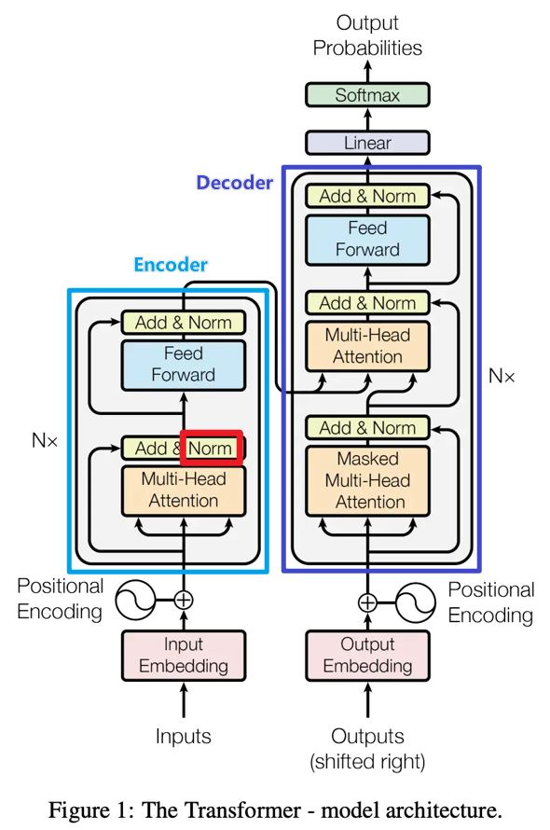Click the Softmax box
click(367, 95)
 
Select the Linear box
click(367, 143)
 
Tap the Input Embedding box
click(184, 656)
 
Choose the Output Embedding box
click(367, 656)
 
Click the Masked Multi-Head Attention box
click(367, 480)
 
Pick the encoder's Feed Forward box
click(184, 365)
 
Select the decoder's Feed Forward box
click(367, 240)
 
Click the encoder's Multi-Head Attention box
click(184, 491)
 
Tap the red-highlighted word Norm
click(211, 449)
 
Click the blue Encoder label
click(171, 264)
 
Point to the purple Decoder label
click(235, 183)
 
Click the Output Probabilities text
click(367, 35)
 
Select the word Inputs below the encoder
click(183, 737)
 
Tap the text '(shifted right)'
click(367, 762)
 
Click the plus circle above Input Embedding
click(184, 601)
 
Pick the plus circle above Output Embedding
click(367, 602)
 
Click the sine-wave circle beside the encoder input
click(135, 601)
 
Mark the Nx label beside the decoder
click(502, 377)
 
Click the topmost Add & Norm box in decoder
click(367, 196)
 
